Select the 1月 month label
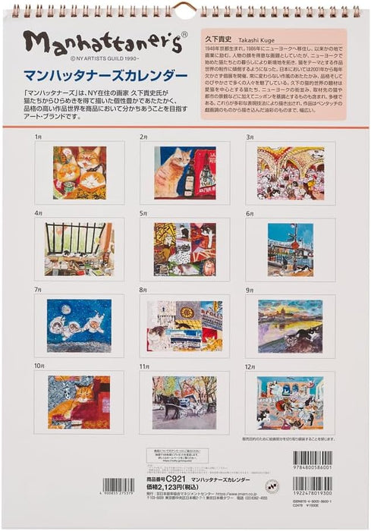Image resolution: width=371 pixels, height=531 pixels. pos(39,137)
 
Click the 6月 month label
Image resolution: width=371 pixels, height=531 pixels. pos(250,214)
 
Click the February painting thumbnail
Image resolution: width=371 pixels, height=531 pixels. pos(185,173)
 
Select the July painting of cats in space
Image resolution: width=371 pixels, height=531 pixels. pos(79,325)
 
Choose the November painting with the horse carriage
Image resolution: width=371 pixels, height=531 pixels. pos(184,403)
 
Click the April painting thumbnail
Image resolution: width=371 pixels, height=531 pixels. pos(79,250)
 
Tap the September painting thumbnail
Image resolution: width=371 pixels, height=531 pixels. pos(290,325)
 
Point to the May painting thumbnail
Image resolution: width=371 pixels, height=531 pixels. pos(184,250)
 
